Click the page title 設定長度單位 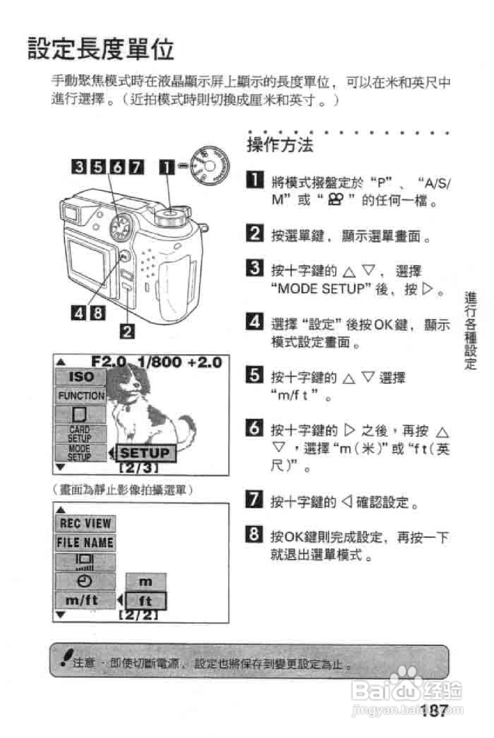[x=101, y=49]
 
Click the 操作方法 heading [x=280, y=145]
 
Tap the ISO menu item [x=81, y=377]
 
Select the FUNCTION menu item [x=81, y=395]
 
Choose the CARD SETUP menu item [x=80, y=434]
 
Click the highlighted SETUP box [x=145, y=453]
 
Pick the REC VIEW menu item [x=85, y=523]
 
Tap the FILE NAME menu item [x=85, y=542]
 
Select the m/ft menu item [x=82, y=600]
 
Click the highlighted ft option [x=146, y=601]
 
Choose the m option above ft [x=146, y=582]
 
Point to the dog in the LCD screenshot [x=146, y=406]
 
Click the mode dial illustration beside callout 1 [x=210, y=166]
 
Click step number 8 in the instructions [x=254, y=535]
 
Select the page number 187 [x=434, y=711]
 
